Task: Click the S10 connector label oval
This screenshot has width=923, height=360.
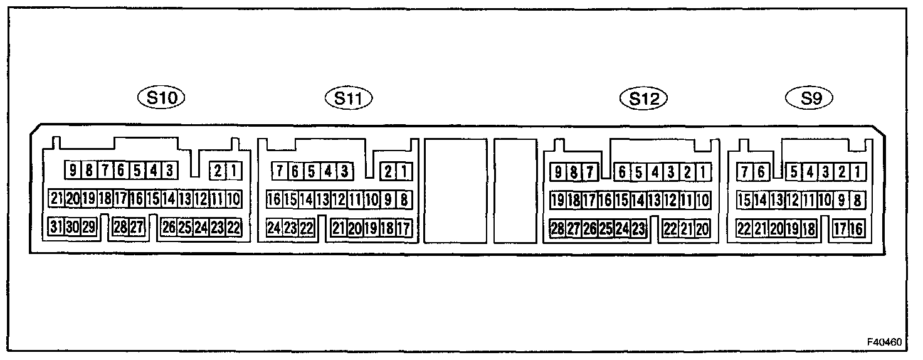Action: (x=162, y=97)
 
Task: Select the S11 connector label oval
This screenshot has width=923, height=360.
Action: (x=349, y=98)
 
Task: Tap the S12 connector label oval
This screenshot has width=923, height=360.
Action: (x=643, y=98)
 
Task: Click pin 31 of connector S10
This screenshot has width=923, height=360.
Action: (x=56, y=227)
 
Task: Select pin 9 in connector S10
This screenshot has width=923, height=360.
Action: (x=73, y=170)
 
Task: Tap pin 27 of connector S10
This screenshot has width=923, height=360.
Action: (x=137, y=227)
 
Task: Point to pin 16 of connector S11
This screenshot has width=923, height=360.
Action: (x=274, y=200)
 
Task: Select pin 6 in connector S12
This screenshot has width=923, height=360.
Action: (x=622, y=171)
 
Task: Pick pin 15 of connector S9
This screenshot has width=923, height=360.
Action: (x=744, y=200)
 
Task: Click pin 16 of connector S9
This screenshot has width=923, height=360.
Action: (x=857, y=228)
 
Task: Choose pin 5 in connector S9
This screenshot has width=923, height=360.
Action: (x=793, y=171)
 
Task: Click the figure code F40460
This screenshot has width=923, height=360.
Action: (x=885, y=342)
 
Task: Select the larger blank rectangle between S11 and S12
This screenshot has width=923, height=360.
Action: (x=455, y=191)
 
